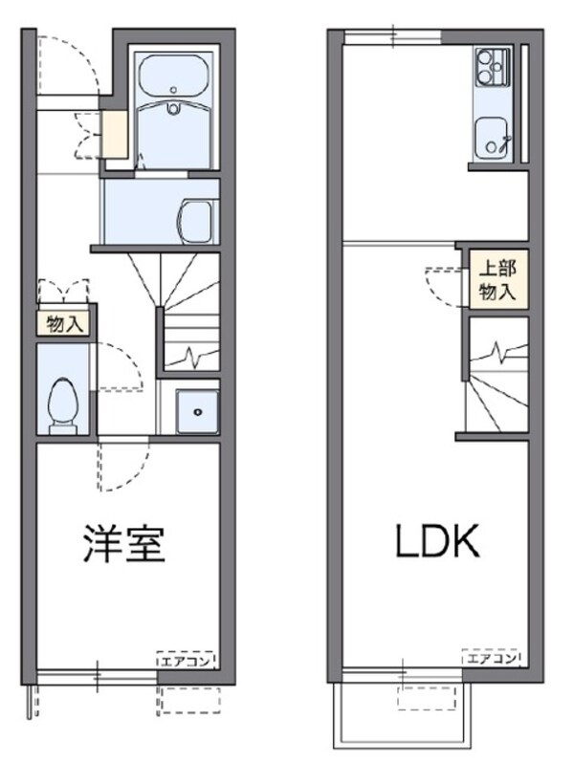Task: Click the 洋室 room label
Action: point(124,543)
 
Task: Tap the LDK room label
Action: point(437,542)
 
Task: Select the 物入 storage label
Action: point(65,324)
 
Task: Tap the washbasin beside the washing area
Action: point(198,221)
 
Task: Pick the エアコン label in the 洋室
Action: point(187,659)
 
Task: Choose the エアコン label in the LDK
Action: point(491,659)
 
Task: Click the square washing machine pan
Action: point(198,411)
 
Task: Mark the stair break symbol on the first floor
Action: point(192,357)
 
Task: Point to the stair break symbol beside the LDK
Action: point(498,353)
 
